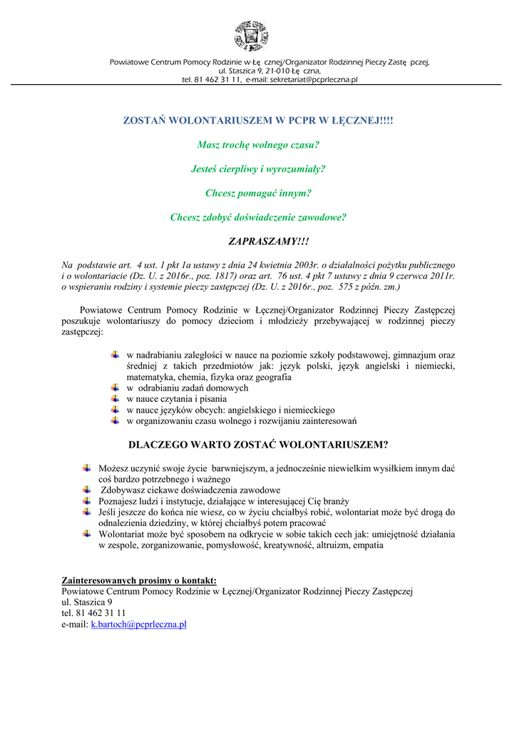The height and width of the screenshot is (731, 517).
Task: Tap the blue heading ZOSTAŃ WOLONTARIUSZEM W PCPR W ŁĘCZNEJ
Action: coord(258,121)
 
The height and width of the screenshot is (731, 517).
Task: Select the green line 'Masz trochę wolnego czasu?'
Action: coord(258,145)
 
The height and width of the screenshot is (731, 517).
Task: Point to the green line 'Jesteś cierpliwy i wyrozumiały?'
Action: coord(258,169)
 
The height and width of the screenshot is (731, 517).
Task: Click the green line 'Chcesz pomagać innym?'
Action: coord(258,193)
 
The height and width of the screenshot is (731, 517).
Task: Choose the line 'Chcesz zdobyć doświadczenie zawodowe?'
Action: coord(258,217)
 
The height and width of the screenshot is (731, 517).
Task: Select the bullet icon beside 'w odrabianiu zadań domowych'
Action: coord(116,388)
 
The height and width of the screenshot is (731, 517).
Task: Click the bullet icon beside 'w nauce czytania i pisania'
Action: coord(116,398)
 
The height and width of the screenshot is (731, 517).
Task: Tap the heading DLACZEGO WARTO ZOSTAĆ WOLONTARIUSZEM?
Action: coord(258,445)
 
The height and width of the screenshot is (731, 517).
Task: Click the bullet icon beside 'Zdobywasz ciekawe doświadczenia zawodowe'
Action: coord(87,490)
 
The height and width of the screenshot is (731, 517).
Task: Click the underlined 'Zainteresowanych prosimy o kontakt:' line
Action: coord(140,580)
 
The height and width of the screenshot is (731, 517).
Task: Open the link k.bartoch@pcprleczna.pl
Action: coord(138,624)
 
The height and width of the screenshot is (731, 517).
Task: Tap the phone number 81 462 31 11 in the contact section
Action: coord(101,612)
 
